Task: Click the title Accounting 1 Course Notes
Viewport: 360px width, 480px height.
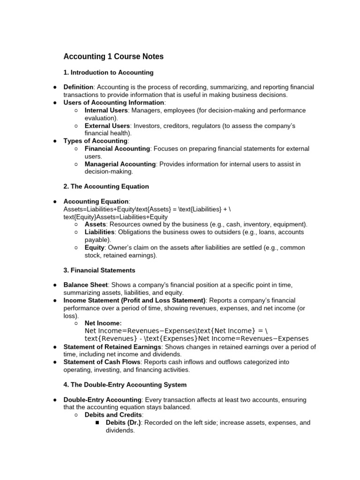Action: click(113, 57)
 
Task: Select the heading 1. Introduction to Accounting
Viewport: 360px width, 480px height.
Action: click(108, 73)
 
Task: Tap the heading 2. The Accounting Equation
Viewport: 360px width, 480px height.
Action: click(106, 187)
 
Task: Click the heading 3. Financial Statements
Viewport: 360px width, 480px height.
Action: click(99, 270)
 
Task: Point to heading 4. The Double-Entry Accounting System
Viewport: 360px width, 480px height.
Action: click(125, 385)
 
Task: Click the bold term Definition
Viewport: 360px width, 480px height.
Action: click(79, 88)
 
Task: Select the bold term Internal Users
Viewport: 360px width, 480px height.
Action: click(106, 111)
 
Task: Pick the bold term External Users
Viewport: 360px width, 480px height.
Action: click(107, 126)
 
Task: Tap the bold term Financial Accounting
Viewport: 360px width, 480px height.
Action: click(117, 149)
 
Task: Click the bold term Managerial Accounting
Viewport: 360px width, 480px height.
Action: click(120, 164)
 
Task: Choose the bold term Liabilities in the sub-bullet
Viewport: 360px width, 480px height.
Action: click(99, 232)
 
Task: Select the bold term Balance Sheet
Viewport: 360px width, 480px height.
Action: click(85, 285)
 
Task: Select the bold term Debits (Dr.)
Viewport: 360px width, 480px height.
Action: click(124, 422)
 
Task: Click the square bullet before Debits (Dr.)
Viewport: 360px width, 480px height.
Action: click(97, 423)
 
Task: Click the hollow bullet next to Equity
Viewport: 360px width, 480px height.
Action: click(76, 247)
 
